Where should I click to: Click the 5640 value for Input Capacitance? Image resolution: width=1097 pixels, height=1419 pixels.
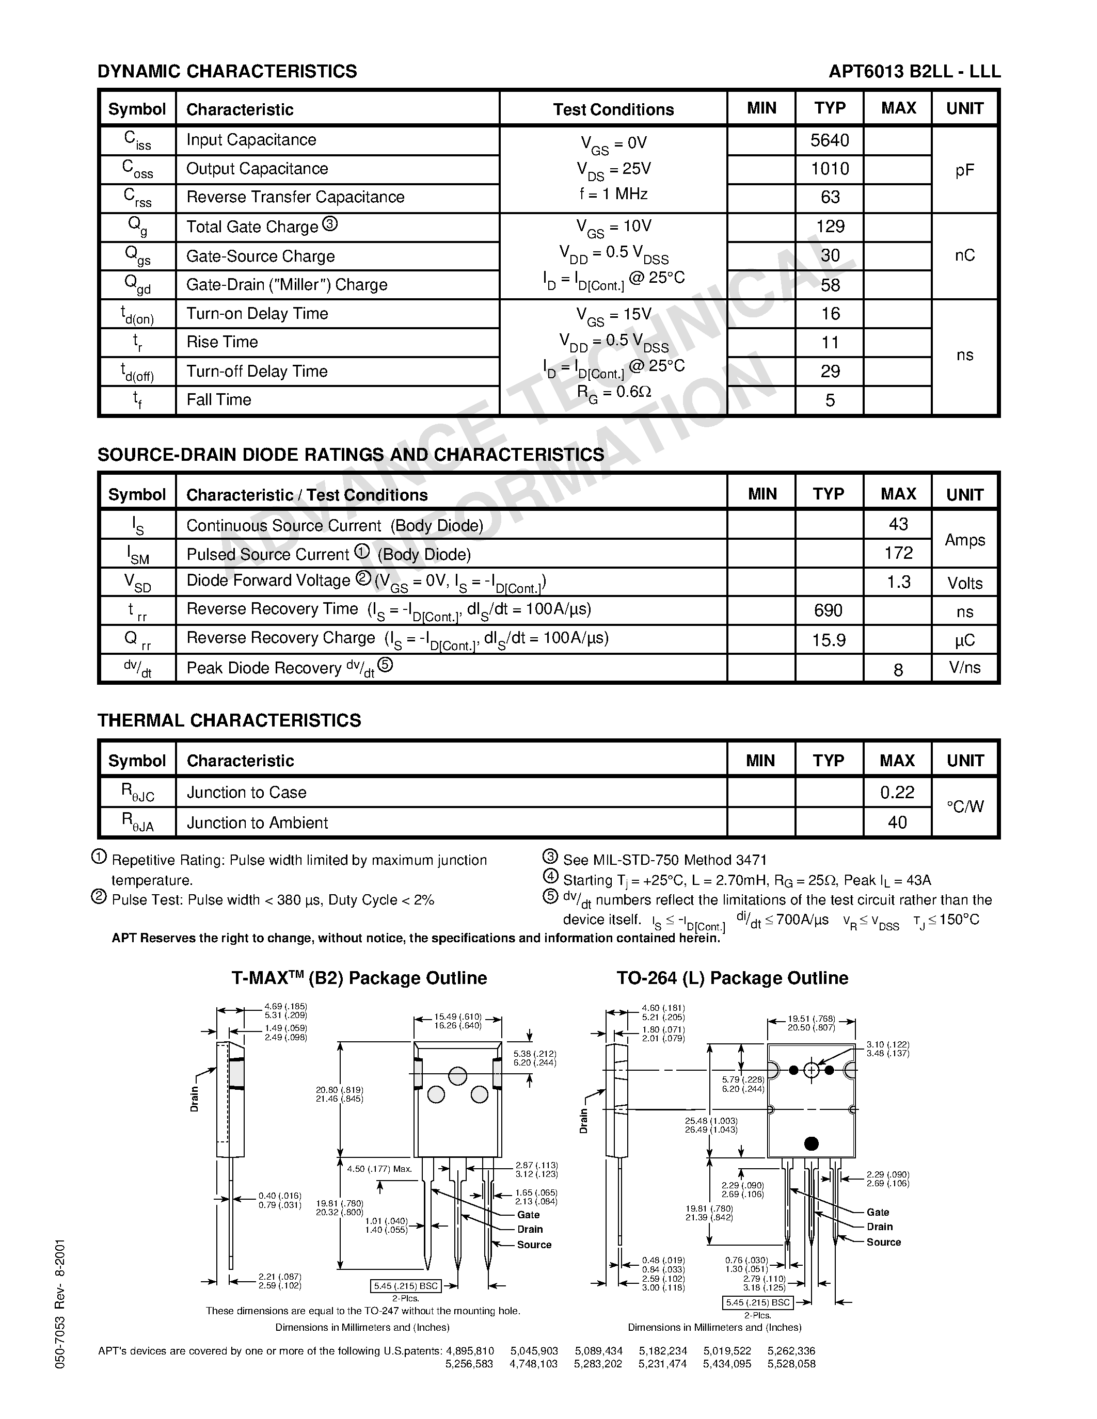(x=830, y=140)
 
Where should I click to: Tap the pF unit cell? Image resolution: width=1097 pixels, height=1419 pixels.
(x=964, y=170)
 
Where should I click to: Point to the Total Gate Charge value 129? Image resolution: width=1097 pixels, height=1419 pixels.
(x=830, y=227)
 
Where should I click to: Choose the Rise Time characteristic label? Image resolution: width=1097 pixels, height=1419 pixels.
(x=222, y=343)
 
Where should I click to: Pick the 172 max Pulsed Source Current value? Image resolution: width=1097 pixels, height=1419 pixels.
(x=898, y=553)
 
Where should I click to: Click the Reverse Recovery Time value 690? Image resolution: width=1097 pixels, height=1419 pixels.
(x=828, y=610)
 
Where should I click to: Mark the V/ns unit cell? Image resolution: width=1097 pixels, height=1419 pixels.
(x=964, y=668)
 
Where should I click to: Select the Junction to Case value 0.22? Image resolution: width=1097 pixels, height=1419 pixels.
(x=897, y=792)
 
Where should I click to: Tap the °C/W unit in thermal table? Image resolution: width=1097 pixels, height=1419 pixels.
(x=964, y=807)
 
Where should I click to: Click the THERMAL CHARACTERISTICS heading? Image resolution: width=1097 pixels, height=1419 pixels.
(x=229, y=720)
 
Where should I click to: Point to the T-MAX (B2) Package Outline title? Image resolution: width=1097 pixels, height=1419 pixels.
(x=359, y=978)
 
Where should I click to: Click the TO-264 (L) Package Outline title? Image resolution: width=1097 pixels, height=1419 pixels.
(x=733, y=978)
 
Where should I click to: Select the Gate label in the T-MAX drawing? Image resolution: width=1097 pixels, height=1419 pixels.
(x=528, y=1214)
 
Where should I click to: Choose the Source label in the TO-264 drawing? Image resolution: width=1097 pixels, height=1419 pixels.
(x=883, y=1241)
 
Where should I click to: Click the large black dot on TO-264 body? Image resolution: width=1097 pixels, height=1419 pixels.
(x=811, y=1143)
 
